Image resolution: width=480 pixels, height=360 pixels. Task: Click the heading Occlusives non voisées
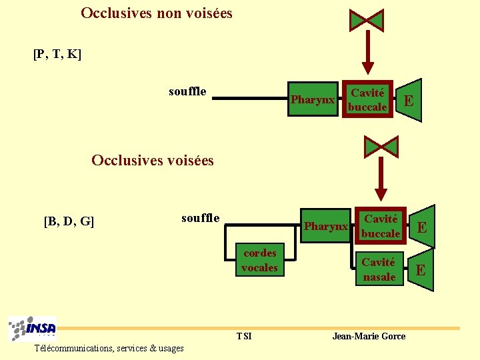(157, 13)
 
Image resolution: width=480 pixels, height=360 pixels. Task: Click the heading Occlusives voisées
(153, 160)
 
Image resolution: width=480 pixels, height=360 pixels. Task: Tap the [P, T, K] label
(57, 54)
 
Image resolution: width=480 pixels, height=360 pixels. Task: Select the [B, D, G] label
(69, 221)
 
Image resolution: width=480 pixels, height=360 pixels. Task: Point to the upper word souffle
(187, 91)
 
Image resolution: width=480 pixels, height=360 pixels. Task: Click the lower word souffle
(200, 218)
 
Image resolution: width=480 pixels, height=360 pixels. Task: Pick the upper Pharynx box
(313, 100)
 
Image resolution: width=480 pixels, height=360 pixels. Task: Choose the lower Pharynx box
(326, 227)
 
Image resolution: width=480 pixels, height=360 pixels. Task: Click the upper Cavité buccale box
(367, 100)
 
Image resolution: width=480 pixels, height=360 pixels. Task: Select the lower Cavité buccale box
(381, 226)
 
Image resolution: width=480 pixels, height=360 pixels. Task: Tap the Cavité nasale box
(379, 269)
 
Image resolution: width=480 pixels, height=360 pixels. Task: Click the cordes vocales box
(259, 260)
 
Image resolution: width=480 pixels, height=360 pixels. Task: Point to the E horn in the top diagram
(409, 101)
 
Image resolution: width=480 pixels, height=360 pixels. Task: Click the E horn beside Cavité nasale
(421, 270)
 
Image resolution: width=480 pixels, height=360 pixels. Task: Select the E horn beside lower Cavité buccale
(421, 227)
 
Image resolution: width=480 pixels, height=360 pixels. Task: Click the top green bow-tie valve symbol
(367, 20)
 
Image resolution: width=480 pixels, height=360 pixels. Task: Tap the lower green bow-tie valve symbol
(381, 146)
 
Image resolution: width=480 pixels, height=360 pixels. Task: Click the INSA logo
(33, 329)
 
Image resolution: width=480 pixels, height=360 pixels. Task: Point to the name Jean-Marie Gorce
(369, 336)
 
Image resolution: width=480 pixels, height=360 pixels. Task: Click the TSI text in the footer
(244, 336)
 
